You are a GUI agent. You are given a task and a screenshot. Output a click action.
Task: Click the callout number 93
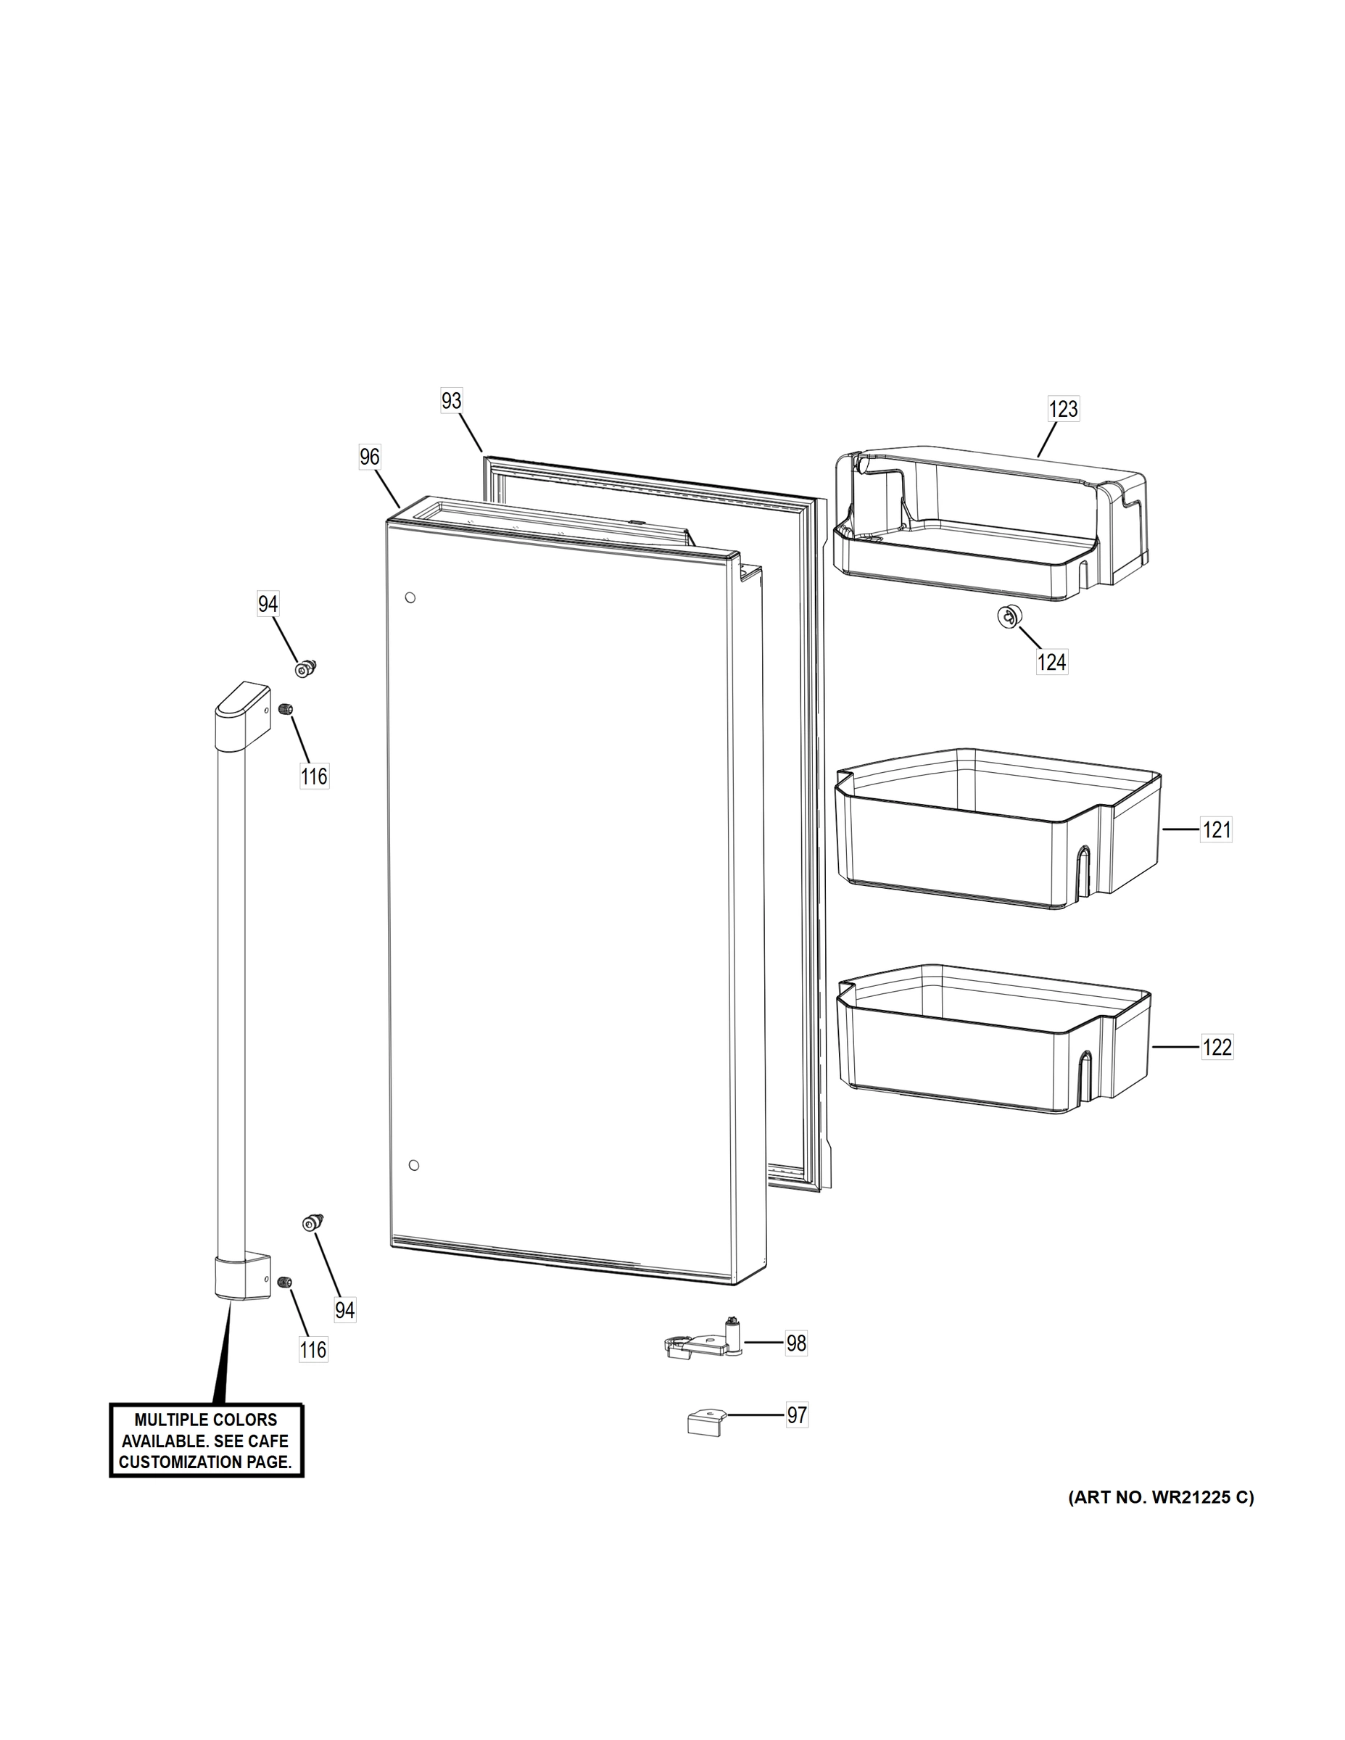click(x=451, y=401)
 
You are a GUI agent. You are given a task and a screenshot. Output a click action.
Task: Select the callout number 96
click(x=370, y=457)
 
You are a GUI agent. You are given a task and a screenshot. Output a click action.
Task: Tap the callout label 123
click(x=1063, y=410)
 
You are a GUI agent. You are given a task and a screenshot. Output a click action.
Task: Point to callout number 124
click(x=1051, y=661)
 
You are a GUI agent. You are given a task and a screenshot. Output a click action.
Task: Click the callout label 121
click(x=1217, y=830)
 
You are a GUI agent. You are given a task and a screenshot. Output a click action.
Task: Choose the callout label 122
click(x=1217, y=1047)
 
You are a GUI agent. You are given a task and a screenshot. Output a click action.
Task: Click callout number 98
click(x=796, y=1343)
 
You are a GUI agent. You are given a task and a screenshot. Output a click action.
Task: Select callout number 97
click(x=797, y=1415)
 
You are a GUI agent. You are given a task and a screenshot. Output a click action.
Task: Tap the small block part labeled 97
click(x=706, y=1420)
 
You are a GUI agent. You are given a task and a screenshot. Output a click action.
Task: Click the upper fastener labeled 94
click(x=305, y=669)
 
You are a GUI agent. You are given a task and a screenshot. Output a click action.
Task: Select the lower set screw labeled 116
click(x=285, y=1281)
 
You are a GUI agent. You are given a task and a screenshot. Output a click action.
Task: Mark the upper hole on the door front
click(x=410, y=597)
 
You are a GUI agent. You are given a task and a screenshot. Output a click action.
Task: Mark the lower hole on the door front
click(x=413, y=1166)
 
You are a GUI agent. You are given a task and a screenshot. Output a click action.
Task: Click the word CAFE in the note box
click(x=268, y=1441)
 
